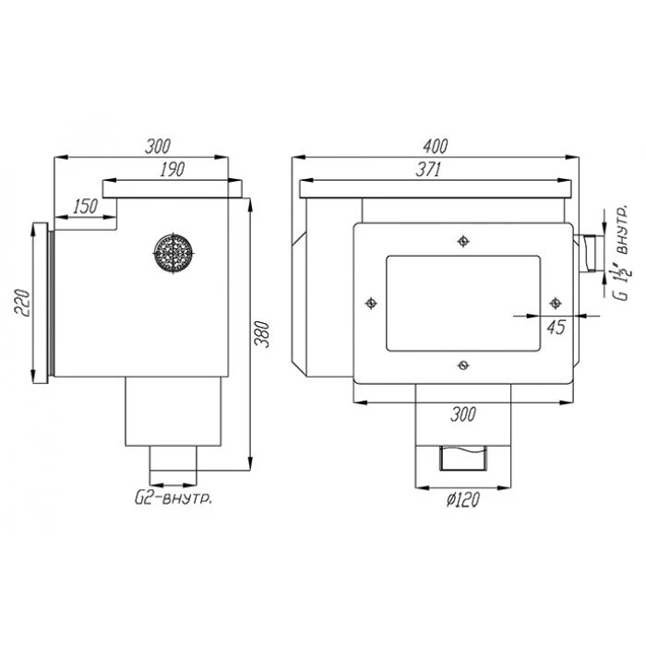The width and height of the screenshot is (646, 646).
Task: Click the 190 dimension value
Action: [173, 169]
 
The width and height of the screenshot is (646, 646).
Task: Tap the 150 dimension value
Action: [86, 206]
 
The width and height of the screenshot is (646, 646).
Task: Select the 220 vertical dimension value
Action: [23, 303]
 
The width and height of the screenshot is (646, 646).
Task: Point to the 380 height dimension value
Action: [261, 334]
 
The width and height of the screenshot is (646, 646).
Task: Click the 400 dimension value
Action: [435, 146]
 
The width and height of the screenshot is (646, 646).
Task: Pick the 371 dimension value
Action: [428, 169]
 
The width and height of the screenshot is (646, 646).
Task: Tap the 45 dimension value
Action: [556, 327]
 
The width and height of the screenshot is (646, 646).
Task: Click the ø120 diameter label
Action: [463, 500]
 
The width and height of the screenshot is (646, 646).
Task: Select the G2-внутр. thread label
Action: [173, 498]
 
